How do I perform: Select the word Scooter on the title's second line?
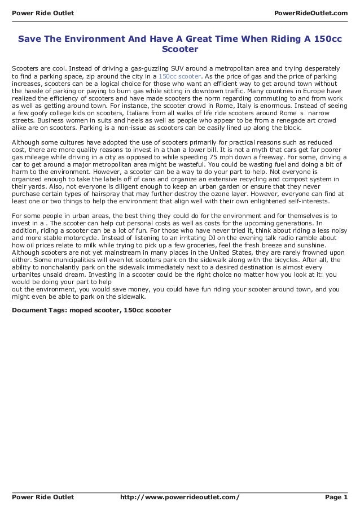179,49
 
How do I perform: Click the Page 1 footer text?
336,497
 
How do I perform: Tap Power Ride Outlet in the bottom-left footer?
43,497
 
